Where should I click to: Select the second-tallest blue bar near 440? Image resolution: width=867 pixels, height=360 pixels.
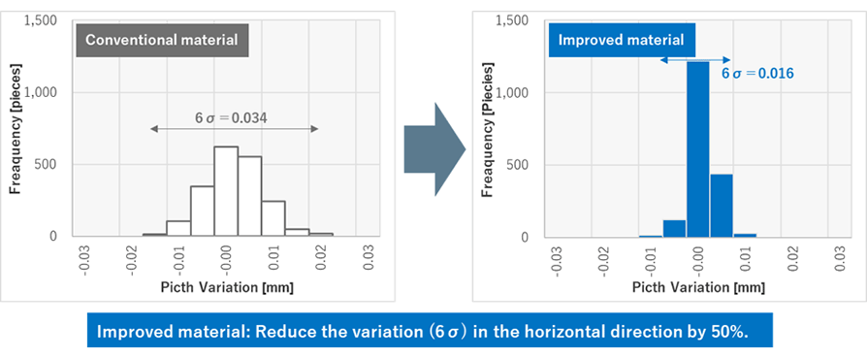coord(721,205)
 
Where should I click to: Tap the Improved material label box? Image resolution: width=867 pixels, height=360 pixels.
coord(620,40)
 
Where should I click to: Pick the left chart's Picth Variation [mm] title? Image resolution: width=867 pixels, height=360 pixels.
coord(226,287)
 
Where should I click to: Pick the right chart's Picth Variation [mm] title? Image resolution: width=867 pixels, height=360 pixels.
coord(697,287)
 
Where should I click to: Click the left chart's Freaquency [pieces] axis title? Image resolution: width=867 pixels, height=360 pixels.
coord(16,126)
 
